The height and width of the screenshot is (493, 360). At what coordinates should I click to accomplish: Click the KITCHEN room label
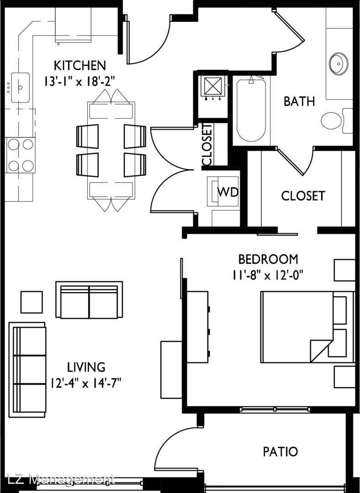80,65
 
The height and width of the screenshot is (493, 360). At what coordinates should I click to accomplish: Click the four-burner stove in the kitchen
21,155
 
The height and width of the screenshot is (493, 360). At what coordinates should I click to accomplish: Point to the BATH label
299,101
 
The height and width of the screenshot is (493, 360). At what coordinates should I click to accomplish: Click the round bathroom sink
339,64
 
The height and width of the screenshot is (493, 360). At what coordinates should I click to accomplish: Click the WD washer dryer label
228,192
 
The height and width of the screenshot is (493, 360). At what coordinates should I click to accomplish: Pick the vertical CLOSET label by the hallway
207,144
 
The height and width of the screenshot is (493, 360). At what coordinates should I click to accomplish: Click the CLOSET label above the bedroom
303,195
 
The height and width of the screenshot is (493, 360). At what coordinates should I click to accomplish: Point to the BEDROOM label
268,259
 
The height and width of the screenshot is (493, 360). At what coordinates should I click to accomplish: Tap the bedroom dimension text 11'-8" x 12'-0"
267,275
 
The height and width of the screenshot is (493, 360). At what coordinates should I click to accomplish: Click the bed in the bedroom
308,327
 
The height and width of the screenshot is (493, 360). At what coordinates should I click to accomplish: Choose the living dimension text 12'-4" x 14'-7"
86,383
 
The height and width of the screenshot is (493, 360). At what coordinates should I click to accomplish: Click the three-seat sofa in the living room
27,369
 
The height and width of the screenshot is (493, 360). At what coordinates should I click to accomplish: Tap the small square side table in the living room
32,302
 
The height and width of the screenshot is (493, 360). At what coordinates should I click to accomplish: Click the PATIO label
280,451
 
